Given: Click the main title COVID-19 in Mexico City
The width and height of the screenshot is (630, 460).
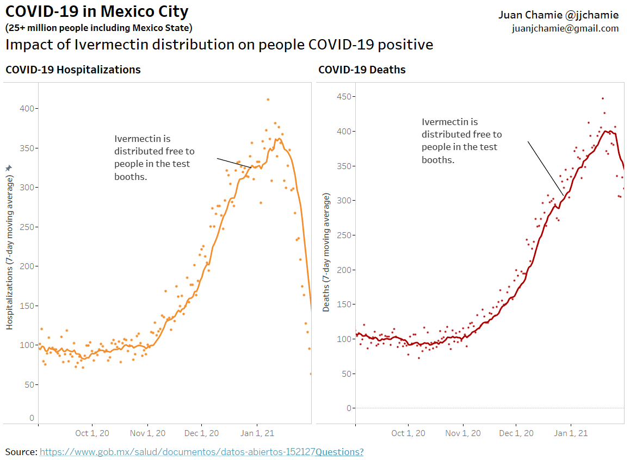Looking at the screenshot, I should (x=97, y=11).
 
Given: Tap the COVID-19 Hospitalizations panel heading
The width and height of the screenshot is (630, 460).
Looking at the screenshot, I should (x=73, y=70).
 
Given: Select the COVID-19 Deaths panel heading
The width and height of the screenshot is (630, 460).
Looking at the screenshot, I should (x=362, y=70).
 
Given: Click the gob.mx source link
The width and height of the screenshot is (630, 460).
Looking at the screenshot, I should (x=177, y=452).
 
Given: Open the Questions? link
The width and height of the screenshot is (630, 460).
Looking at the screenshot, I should (x=339, y=452).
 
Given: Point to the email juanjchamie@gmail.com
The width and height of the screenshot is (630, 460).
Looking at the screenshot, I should (x=565, y=29).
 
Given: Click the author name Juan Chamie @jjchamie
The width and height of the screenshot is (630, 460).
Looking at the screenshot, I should (x=558, y=15).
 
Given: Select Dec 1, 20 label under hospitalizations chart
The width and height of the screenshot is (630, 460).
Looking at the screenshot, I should (x=201, y=433).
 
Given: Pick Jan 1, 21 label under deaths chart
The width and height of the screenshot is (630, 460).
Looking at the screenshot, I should (x=571, y=433).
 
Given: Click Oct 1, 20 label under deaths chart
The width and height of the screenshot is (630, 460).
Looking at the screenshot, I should (x=409, y=433).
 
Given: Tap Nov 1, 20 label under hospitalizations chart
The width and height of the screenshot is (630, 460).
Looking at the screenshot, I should (x=148, y=433).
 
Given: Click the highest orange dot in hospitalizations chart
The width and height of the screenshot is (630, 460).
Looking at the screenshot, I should (x=268, y=100).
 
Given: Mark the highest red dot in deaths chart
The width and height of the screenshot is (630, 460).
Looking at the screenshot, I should (x=602, y=98).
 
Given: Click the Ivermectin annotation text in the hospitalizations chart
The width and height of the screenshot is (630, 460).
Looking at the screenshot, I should (x=154, y=158).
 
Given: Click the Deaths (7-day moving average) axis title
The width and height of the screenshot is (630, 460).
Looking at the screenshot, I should (x=326, y=252).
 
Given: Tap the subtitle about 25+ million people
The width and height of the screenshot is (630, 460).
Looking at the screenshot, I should (x=98, y=28).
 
